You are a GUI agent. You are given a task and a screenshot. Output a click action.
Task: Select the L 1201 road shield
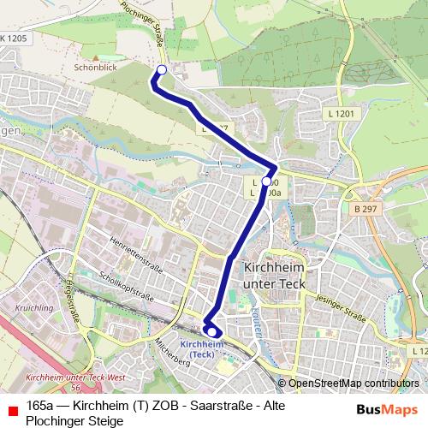pyautogui.click(x=340, y=113)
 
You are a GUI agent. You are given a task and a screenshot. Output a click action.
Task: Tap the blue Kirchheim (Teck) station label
pyautogui.click(x=204, y=348)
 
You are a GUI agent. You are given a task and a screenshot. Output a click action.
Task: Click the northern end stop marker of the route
pyautogui.click(x=161, y=70)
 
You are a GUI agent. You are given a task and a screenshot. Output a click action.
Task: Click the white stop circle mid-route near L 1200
pyautogui.click(x=266, y=181)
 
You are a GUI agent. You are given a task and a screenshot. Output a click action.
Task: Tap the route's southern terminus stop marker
pyautogui.click(x=211, y=331)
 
